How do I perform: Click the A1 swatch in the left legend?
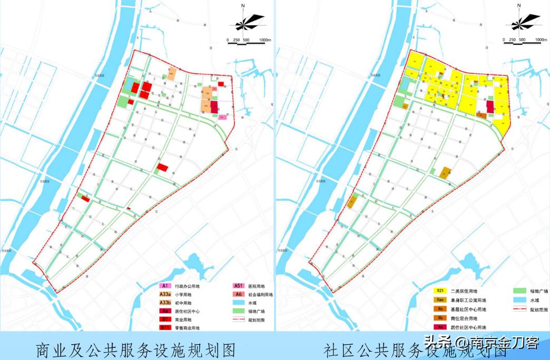[x=165, y=286]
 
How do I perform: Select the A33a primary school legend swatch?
[x=165, y=294]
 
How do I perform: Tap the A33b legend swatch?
[x=165, y=303]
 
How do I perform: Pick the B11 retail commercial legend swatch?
[x=165, y=328]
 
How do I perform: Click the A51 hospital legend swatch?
[x=239, y=286]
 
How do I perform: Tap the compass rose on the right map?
[x=518, y=22]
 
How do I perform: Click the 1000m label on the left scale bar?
[x=264, y=40]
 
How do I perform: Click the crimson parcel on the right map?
[x=490, y=107]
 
